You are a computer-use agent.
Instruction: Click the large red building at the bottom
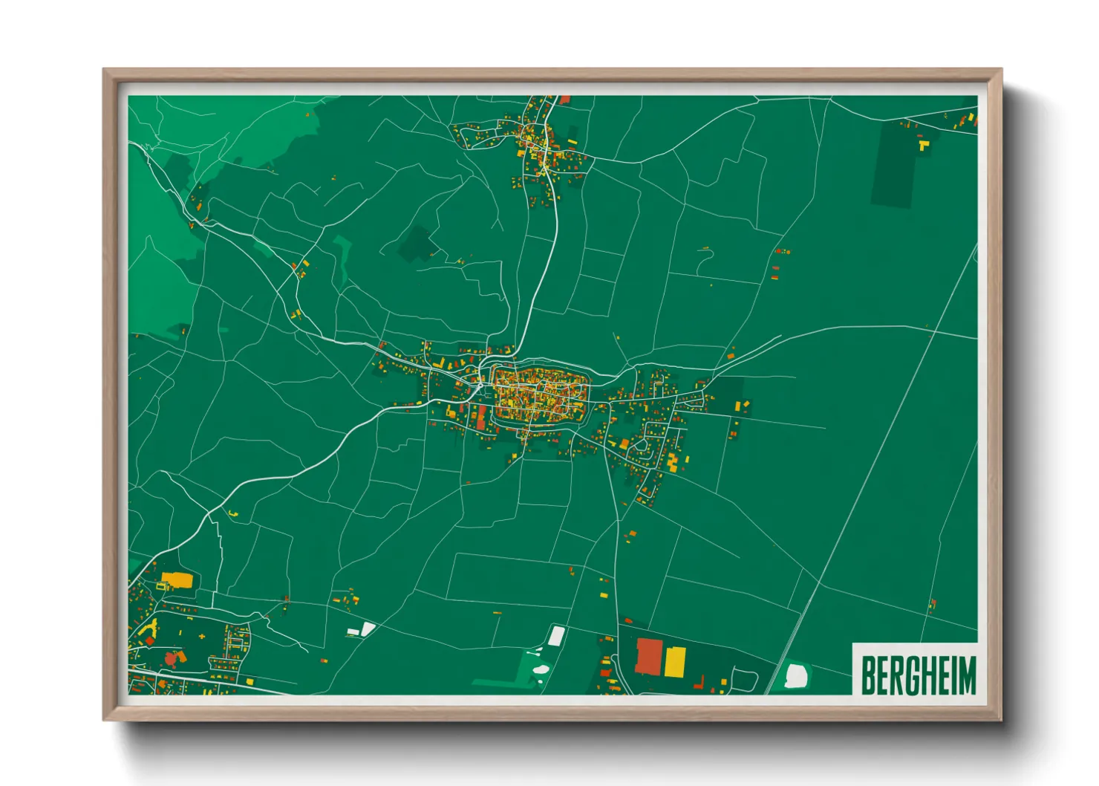pos(648,655)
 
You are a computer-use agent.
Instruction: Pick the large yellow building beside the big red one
pos(674,661)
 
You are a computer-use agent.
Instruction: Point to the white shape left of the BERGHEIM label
pos(795,675)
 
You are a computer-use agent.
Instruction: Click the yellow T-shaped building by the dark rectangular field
pos(922,145)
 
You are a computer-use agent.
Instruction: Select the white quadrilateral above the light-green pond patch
pos(556,635)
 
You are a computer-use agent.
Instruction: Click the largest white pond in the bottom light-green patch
pos(541,669)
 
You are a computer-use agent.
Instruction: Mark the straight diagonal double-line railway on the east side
pos(876,461)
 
